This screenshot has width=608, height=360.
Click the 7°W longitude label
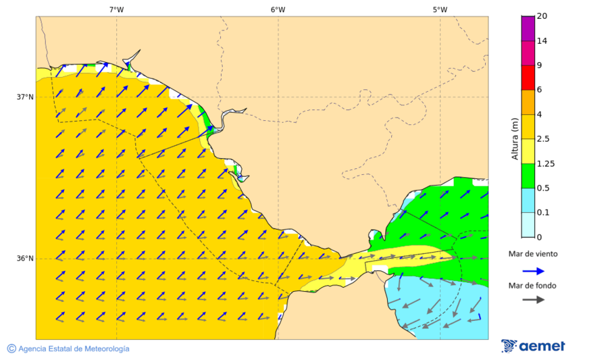click(x=116, y=9)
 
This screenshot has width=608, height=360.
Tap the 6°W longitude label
click(x=278, y=9)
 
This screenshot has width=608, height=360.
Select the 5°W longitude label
click(x=440, y=9)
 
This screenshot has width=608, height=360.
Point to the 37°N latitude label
click(x=25, y=97)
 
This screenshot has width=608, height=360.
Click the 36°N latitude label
click(x=25, y=259)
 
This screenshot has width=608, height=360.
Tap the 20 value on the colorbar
click(x=542, y=16)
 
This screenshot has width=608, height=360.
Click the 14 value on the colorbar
click(x=542, y=41)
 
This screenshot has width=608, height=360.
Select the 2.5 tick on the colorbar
click(x=543, y=139)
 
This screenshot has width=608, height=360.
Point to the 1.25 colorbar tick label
click(x=545, y=163)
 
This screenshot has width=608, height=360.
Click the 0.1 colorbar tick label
click(x=543, y=213)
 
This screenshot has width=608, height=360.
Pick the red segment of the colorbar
click(x=528, y=78)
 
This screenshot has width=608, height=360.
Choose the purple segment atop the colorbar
click(x=528, y=28)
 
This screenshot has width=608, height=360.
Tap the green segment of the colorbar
click(x=528, y=176)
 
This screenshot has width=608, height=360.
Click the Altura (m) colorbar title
click(x=515, y=138)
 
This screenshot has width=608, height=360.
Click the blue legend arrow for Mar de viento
click(x=534, y=271)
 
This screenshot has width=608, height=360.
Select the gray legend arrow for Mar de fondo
click(x=534, y=299)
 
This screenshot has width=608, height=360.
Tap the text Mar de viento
click(x=533, y=254)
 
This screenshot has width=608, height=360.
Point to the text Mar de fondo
click(x=533, y=285)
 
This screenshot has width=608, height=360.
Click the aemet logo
click(x=533, y=346)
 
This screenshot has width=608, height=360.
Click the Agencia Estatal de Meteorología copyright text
click(x=68, y=349)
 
